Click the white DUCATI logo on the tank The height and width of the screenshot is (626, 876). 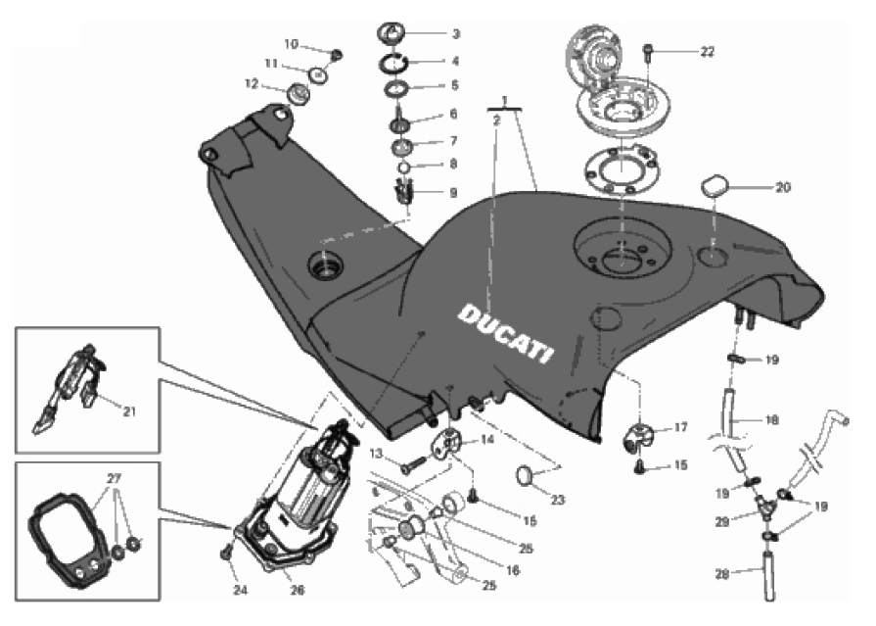505,331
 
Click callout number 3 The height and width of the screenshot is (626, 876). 454,33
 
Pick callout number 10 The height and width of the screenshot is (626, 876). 291,44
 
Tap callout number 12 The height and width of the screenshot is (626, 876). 251,84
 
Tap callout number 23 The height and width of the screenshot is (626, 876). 558,500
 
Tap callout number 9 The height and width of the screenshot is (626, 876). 453,193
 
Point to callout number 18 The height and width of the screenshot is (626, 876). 772,420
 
